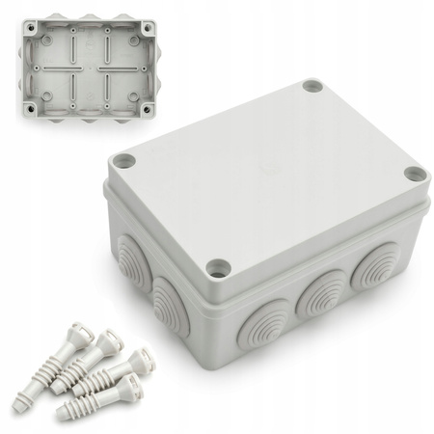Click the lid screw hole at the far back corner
tap(311, 86)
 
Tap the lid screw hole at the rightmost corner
tap(414, 174)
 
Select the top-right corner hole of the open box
tap(147, 28)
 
